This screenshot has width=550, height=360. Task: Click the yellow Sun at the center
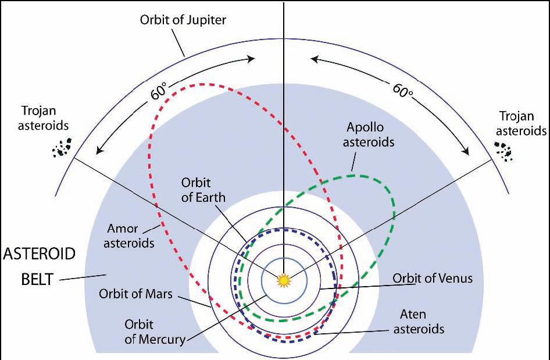(x=284, y=281)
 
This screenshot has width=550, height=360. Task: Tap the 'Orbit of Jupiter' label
(x=183, y=19)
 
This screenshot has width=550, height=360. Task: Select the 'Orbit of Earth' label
(x=203, y=190)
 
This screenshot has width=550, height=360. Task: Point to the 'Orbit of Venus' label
(x=433, y=278)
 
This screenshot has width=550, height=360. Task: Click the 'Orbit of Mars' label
(x=135, y=293)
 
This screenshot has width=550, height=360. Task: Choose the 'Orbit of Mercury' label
(x=155, y=332)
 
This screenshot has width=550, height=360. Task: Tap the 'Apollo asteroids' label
(x=368, y=135)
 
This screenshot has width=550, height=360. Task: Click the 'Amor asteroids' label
(x=128, y=236)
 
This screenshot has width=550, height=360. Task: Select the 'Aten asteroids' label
(x=419, y=322)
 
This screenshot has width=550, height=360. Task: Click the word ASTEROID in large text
(x=40, y=254)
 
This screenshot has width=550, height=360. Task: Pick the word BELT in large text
(x=37, y=280)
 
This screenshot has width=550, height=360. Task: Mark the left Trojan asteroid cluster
(x=62, y=147)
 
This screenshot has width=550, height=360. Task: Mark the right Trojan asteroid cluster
(x=503, y=151)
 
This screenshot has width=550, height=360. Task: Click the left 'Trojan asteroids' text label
(x=43, y=117)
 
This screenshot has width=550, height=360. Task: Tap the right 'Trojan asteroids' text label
(x=522, y=123)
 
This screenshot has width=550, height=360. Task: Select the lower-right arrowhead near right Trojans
(x=465, y=150)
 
